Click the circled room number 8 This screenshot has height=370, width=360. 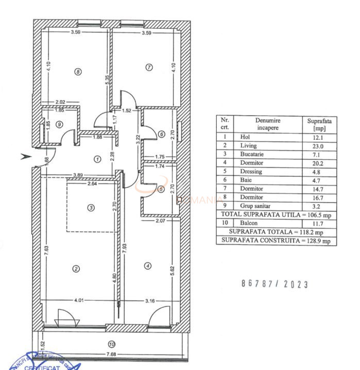[x=78, y=72]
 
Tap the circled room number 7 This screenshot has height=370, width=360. [x=149, y=67]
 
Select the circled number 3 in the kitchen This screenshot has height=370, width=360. [x=91, y=208]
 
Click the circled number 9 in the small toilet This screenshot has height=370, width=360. [x=60, y=124]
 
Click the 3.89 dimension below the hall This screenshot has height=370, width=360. [x=79, y=175]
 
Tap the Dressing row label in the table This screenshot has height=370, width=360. [x=251, y=172]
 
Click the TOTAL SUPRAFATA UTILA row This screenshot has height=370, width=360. [x=276, y=214]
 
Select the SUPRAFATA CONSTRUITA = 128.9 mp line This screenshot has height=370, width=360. [x=276, y=240]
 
